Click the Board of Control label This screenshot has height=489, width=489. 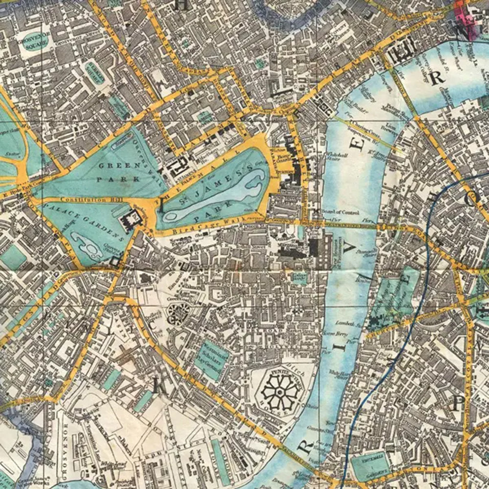[342, 212]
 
